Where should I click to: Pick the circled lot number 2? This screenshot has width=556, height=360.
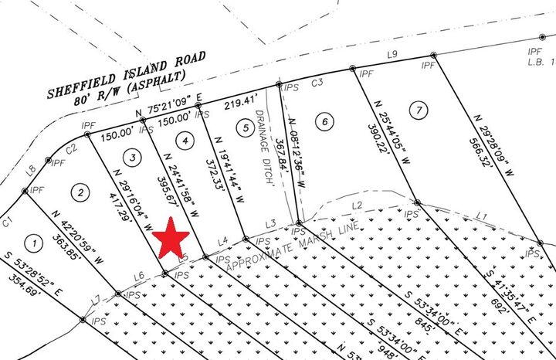click(80, 190)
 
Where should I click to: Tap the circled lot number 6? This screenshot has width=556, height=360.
click(325, 121)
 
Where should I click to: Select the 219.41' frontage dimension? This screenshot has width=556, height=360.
click(239, 100)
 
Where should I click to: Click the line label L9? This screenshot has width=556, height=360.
click(392, 54)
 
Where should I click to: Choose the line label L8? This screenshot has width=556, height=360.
click(31, 169)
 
